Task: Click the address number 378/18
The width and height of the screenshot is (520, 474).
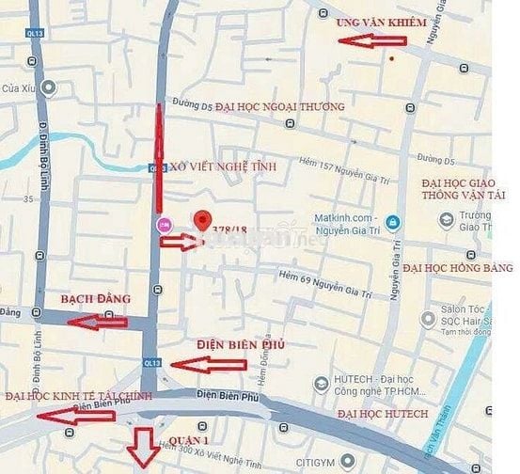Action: tap(230, 229)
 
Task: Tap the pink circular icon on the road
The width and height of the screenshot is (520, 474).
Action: tap(165, 224)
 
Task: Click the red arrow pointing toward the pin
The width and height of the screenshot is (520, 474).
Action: tap(179, 242)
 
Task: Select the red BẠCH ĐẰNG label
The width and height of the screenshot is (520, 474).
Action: tap(94, 299)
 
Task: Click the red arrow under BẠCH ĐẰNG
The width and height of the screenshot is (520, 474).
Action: tap(97, 322)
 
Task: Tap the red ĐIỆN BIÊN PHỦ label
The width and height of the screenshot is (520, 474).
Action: tap(241, 344)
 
